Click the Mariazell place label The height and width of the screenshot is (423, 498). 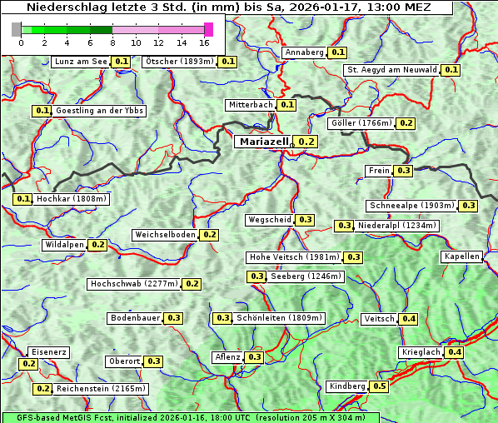tap(263, 142)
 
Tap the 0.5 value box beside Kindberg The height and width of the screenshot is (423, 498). tap(379, 386)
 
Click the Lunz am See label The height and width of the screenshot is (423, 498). tap(81, 62)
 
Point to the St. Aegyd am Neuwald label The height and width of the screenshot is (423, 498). tap(391, 70)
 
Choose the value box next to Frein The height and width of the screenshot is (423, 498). tap(403, 171)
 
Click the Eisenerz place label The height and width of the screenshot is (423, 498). tap(48, 352)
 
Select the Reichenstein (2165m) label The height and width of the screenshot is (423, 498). tap(102, 389)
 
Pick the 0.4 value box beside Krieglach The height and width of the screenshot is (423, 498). tap(455, 352)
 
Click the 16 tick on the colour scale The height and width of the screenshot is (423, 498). tap(204, 42)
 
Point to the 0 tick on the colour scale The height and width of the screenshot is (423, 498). tap(21, 42)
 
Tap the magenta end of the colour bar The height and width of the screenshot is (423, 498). tap(208, 29)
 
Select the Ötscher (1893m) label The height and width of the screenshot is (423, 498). tap(180, 62)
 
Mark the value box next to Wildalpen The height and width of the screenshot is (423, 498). tap(97, 245)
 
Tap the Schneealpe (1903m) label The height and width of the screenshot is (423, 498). tap(412, 206)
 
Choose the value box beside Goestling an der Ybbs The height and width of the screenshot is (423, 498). tap(42, 111)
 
